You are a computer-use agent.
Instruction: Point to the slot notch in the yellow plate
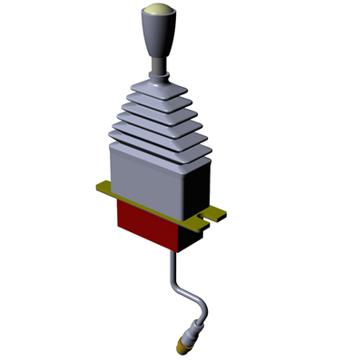[x=210, y=218]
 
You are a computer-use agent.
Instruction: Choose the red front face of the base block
[x=145, y=222]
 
